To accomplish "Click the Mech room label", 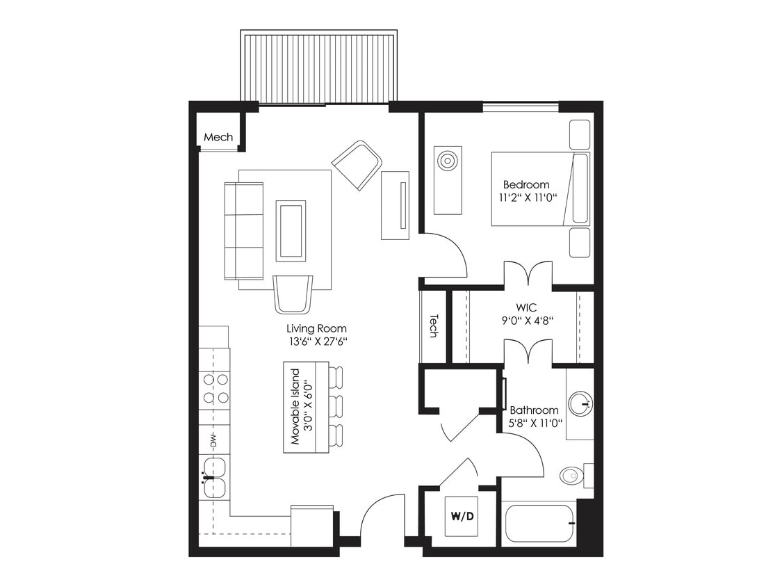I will [218, 137].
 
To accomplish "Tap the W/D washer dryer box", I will [462, 516].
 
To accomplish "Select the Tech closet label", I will [434, 325].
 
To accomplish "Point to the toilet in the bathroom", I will [571, 476].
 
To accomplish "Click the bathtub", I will [540, 522].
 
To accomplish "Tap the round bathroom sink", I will [580, 403].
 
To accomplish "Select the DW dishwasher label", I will [213, 440].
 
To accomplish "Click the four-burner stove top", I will [215, 388].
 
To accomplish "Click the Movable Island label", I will [295, 407].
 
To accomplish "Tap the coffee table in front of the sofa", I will [291, 230].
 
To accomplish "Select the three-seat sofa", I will [243, 230].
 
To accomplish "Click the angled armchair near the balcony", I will [357, 164].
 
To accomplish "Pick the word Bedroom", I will [526, 185].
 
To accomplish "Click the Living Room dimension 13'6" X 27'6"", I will [316, 341].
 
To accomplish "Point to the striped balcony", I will [319, 67].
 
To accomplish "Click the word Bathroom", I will [534, 410].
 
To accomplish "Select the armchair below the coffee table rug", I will [293, 293].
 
